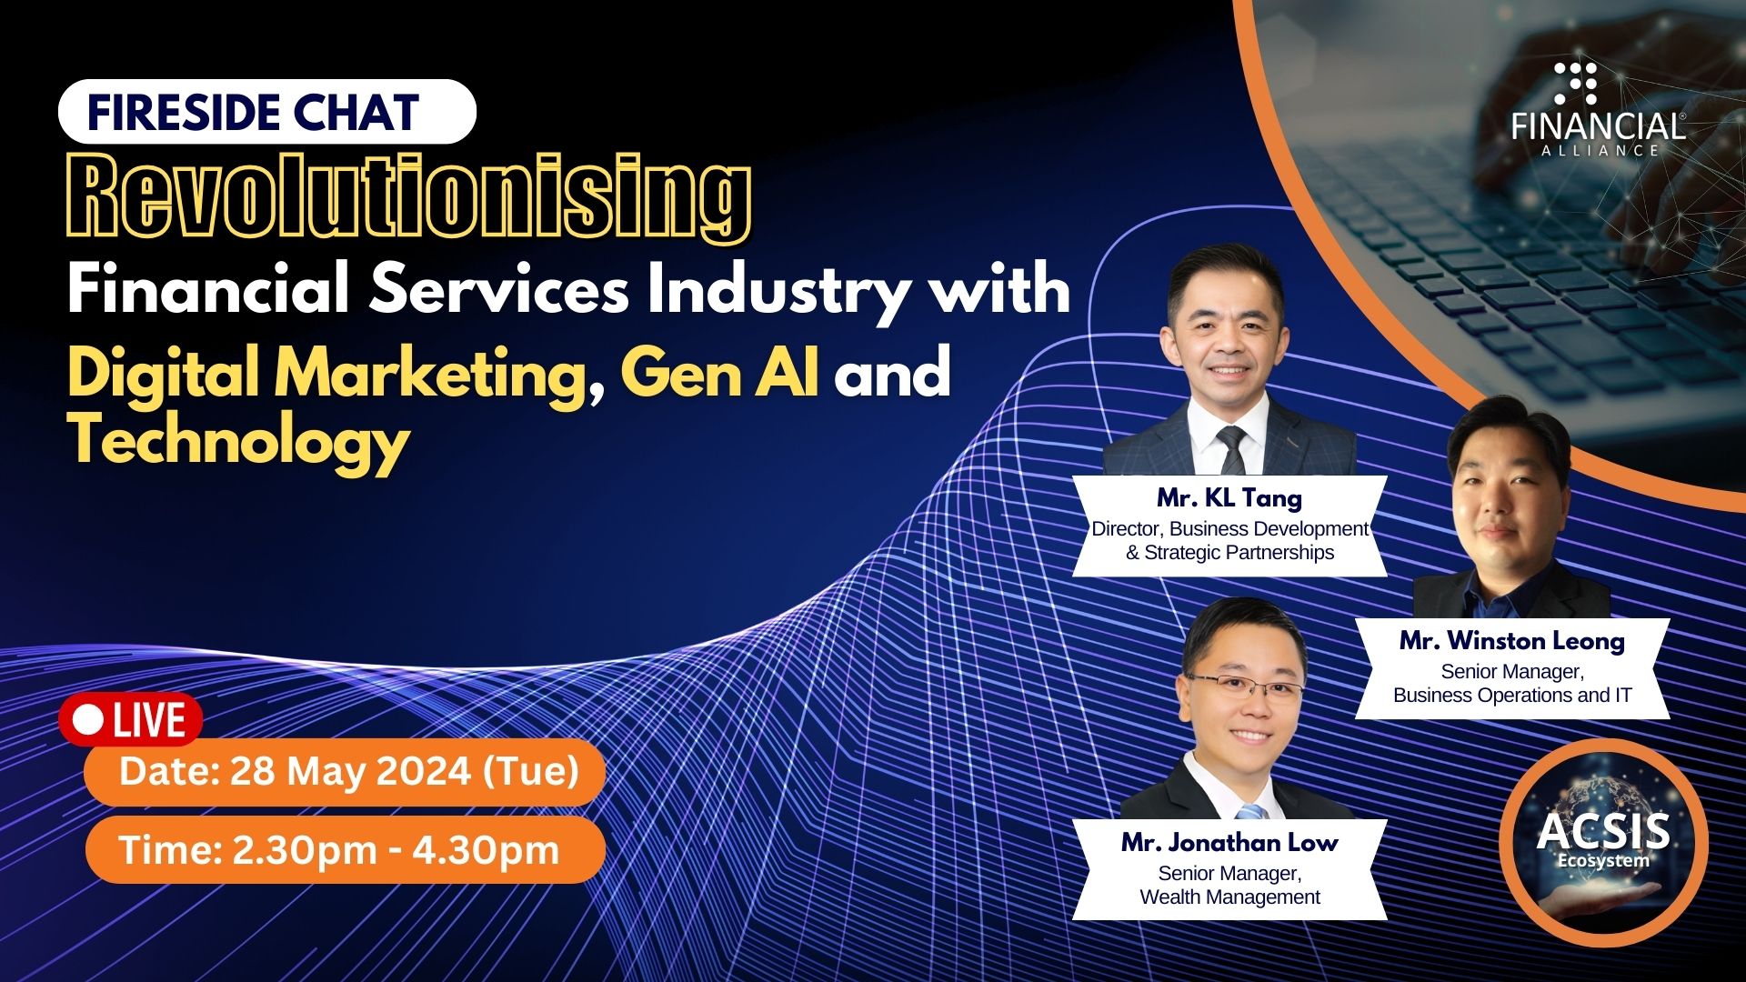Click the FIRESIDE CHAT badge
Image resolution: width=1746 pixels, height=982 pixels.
pos(266,112)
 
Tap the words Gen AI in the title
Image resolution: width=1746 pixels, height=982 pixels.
pos(719,373)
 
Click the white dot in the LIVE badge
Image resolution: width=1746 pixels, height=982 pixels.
pos(89,720)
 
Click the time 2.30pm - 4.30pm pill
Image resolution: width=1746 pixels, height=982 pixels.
pos(346,850)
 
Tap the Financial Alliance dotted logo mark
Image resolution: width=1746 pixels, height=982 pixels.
pos(1575,83)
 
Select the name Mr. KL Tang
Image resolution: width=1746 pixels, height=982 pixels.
pos(1229,497)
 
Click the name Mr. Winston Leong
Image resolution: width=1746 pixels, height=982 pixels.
pos(1512,640)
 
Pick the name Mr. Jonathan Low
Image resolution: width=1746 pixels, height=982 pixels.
pos(1229,842)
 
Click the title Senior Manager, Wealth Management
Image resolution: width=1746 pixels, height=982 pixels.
pos(1229,885)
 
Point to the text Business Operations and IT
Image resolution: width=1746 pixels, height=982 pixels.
pos(1512,696)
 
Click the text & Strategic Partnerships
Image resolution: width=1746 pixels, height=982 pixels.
pos(1229,553)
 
